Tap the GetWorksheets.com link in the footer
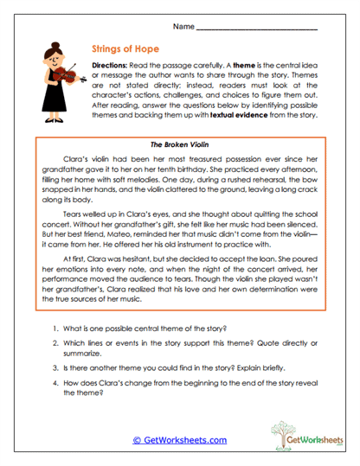[180, 440]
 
